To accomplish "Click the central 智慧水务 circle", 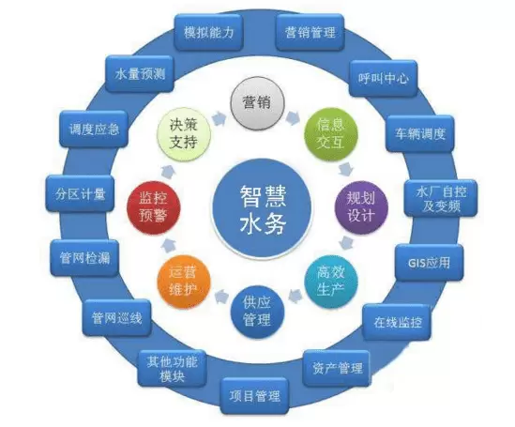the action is [x=262, y=209].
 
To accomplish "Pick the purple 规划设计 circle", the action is [x=361, y=207].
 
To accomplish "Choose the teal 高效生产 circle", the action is [x=331, y=281].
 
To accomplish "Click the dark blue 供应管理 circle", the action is [x=257, y=312].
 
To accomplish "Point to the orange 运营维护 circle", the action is [x=184, y=281].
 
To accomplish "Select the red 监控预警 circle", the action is [x=154, y=207].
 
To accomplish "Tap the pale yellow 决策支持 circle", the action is [x=184, y=133].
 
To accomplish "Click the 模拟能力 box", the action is [x=208, y=32].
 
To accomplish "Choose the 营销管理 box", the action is [x=311, y=32].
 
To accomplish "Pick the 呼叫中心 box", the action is [x=383, y=79].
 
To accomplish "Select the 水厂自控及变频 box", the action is [x=441, y=198].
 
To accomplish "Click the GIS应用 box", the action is [x=429, y=263].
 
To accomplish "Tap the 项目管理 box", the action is [x=254, y=396].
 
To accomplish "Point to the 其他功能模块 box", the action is [x=172, y=369].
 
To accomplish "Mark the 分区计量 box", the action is [x=80, y=193].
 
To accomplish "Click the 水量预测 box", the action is [x=140, y=74].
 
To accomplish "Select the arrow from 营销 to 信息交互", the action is [x=293, y=117].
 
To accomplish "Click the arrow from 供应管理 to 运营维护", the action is [x=221, y=297].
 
